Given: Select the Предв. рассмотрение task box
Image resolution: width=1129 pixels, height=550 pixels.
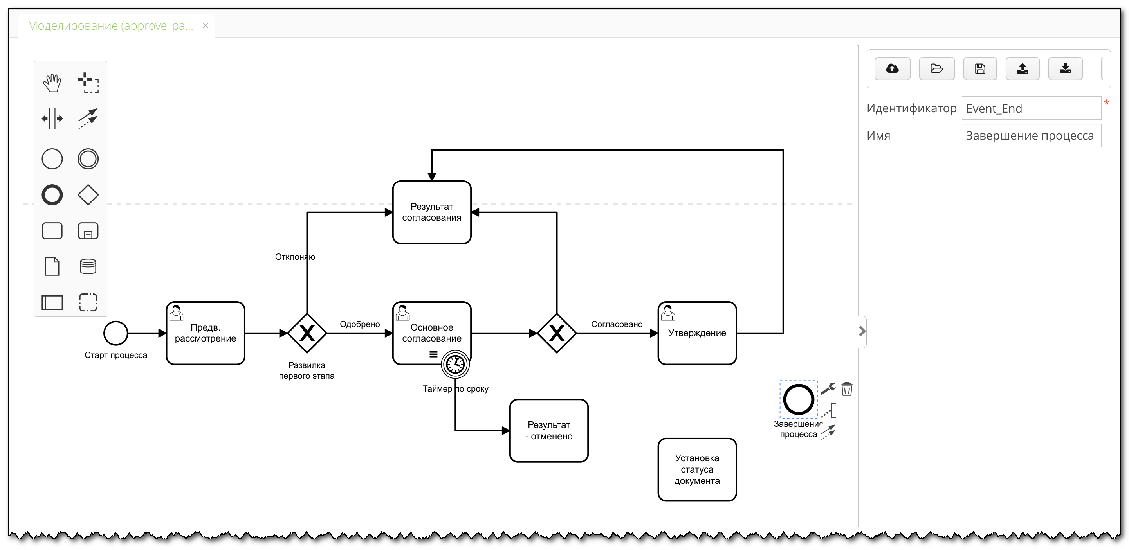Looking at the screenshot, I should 206,333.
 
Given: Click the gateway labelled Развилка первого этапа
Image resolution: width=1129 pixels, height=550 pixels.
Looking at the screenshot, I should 307,333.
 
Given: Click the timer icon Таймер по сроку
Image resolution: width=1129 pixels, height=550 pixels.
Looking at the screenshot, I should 455,364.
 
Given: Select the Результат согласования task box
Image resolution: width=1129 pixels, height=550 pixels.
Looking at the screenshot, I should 432,212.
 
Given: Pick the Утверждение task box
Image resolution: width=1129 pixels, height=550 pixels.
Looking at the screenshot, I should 697,333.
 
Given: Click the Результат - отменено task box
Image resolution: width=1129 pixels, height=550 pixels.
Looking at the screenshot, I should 549,430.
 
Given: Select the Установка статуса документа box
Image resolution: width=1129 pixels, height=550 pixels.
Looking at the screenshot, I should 697,469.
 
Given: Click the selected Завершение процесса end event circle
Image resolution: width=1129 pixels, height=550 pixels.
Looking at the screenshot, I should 798,399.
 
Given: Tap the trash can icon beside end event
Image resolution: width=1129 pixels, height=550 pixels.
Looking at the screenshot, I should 847,389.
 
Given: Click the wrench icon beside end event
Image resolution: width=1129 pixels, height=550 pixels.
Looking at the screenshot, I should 828,388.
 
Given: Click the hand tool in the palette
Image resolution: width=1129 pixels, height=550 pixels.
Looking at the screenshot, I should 52,83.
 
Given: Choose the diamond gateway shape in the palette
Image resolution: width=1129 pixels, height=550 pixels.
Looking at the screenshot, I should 88,195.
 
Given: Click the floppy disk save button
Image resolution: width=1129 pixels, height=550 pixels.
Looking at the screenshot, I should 980,69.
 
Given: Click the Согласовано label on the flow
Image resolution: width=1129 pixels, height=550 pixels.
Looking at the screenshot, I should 617,324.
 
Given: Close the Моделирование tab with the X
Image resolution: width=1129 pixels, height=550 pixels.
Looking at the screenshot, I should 205,26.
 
